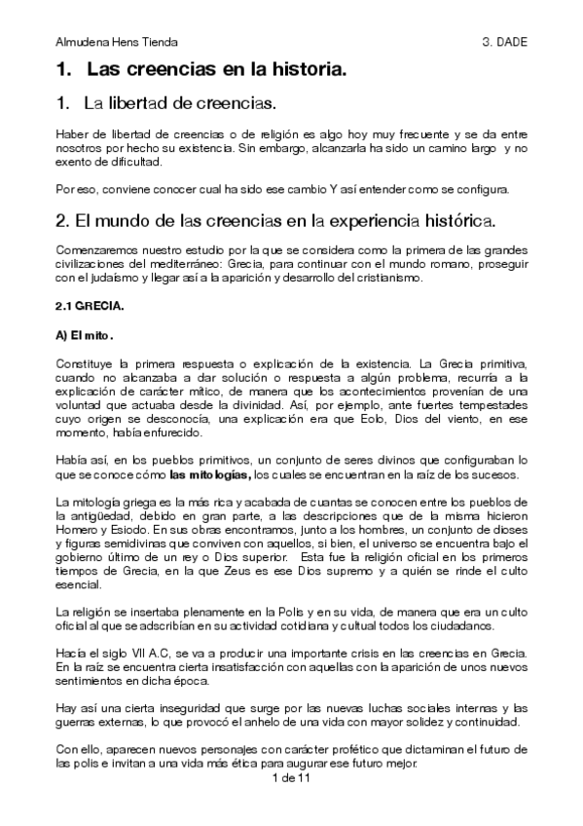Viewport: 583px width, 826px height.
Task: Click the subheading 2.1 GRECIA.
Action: (89, 306)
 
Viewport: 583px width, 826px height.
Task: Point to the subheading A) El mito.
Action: (85, 337)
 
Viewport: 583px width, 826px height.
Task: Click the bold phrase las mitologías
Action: (210, 475)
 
